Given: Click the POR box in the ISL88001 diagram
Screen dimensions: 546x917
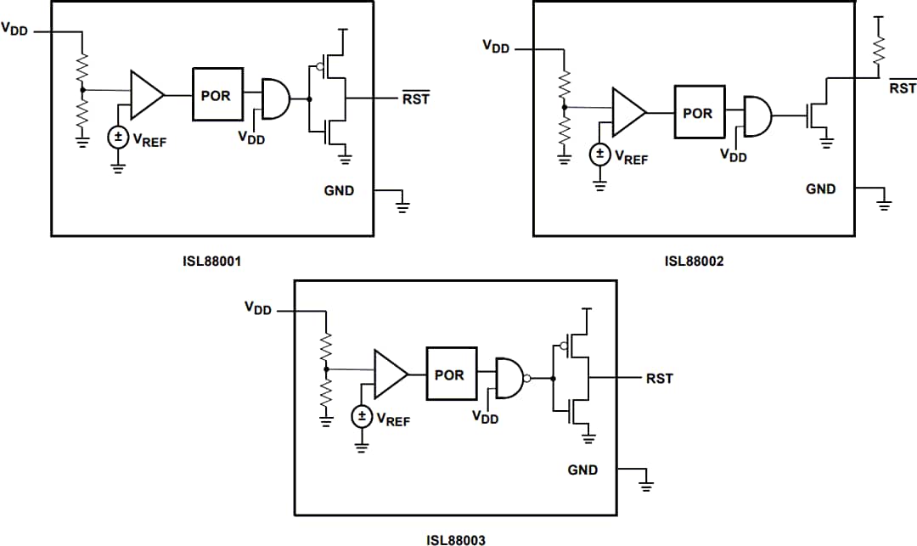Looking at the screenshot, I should tap(217, 94).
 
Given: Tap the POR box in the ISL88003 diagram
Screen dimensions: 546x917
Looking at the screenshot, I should tap(451, 374).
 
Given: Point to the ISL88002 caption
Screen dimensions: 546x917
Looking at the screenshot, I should tap(694, 262).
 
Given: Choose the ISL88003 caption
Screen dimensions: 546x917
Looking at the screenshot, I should tap(455, 538).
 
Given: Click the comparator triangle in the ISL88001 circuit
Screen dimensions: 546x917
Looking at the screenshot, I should tap(145, 94).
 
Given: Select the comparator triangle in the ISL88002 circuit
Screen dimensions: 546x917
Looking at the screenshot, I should tap(627, 112).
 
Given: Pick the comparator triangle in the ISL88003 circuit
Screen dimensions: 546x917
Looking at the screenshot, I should tap(390, 374).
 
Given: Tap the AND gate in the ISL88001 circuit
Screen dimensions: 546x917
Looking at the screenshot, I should tap(275, 99).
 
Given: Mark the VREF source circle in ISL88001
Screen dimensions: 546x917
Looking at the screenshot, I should tap(118, 137).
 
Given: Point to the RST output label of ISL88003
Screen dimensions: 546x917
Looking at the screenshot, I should tap(659, 379).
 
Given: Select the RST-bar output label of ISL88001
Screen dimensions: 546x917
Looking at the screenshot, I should tap(416, 99).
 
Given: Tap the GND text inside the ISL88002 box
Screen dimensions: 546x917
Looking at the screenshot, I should tap(820, 189).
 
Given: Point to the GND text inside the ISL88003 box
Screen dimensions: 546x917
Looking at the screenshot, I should tap(582, 470).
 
